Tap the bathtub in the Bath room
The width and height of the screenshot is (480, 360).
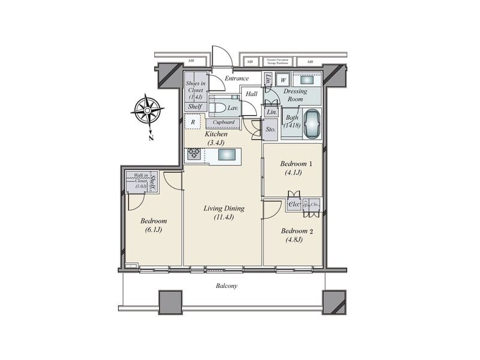point(312,124)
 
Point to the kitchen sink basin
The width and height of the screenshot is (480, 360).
point(227,155)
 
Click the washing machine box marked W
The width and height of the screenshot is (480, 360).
point(283,80)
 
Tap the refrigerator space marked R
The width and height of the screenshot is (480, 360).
point(193,122)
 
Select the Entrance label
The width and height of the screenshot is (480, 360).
point(237,78)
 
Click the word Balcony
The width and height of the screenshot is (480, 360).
point(226,286)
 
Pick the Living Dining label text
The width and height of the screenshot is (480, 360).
point(223,209)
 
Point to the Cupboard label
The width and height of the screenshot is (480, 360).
point(223,123)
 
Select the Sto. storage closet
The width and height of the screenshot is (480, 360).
point(270,129)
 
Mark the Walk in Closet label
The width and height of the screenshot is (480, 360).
point(140,179)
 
